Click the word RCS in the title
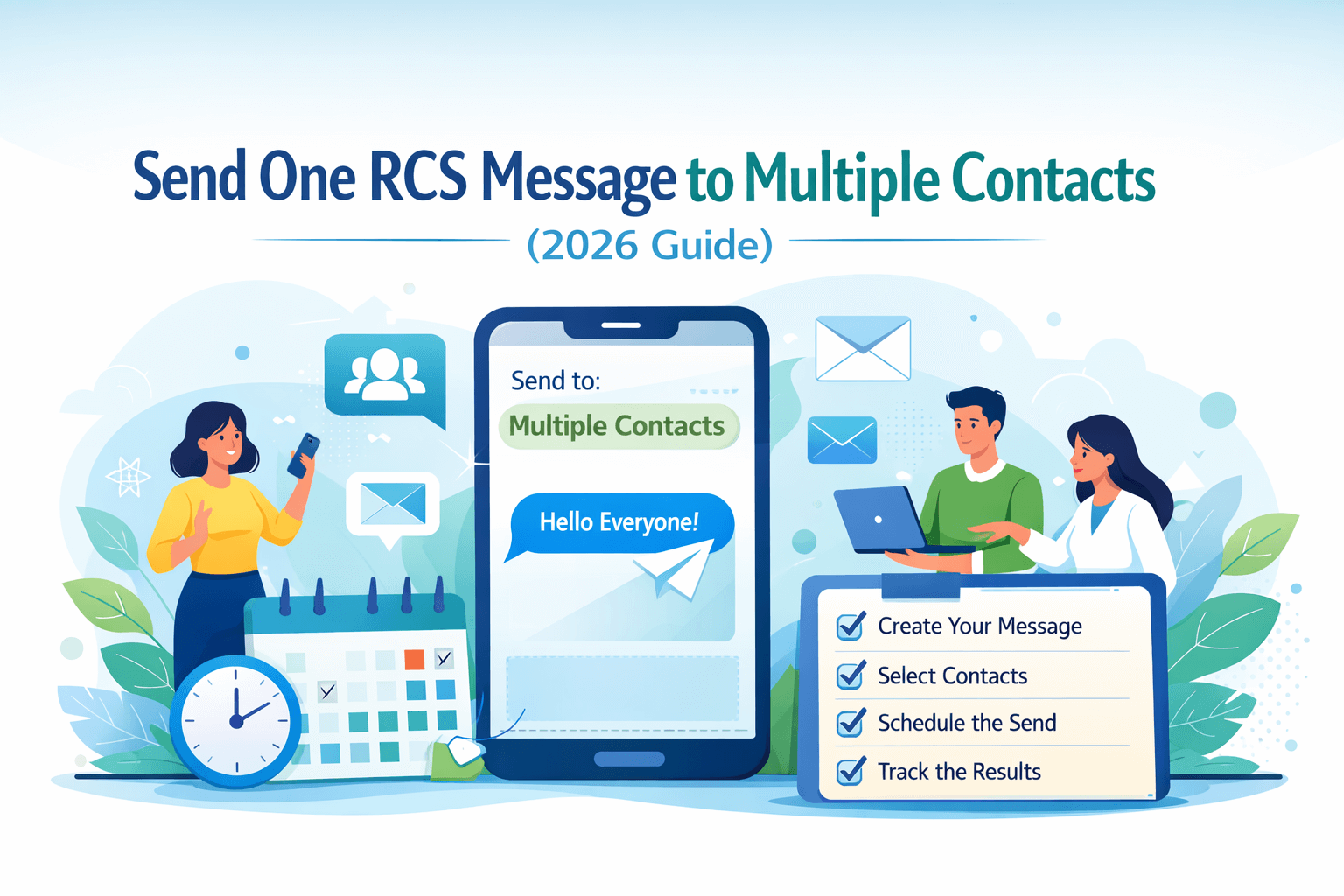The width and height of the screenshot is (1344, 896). click(418, 177)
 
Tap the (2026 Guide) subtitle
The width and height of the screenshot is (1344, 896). click(650, 246)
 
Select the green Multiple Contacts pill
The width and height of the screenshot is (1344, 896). click(619, 427)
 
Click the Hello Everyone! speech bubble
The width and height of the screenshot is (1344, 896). click(620, 523)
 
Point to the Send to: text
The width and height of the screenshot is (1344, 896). click(556, 381)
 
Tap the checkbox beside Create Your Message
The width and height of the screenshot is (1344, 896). click(850, 626)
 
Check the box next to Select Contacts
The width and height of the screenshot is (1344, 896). click(850, 675)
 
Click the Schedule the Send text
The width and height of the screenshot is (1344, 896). click(967, 723)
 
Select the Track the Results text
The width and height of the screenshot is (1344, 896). click(959, 772)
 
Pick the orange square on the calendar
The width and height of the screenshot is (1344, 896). click(414, 660)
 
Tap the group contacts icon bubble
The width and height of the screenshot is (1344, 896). click(385, 377)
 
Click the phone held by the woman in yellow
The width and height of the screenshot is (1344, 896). click(303, 456)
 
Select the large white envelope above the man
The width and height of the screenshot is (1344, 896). click(863, 348)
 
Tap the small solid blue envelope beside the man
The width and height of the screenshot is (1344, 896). click(842, 440)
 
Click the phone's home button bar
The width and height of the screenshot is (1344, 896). click(629, 759)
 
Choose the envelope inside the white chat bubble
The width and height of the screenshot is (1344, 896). click(392, 504)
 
